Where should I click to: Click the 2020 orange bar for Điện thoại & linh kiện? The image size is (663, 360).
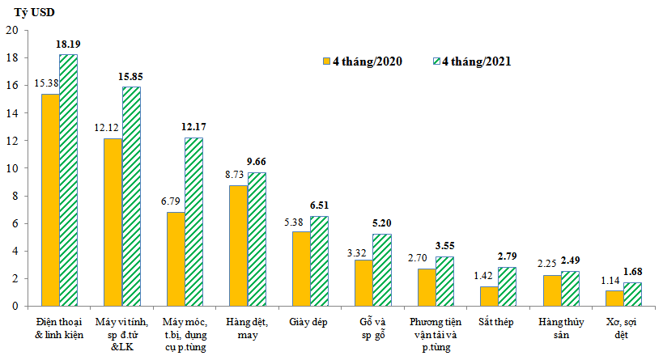50,200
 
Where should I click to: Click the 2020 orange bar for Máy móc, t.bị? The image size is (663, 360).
176,259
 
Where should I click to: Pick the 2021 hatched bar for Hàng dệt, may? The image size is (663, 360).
257,239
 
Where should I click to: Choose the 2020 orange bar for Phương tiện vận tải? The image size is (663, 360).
427,287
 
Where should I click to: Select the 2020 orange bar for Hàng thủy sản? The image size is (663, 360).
552,290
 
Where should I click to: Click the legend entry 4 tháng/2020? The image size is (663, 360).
362,61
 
